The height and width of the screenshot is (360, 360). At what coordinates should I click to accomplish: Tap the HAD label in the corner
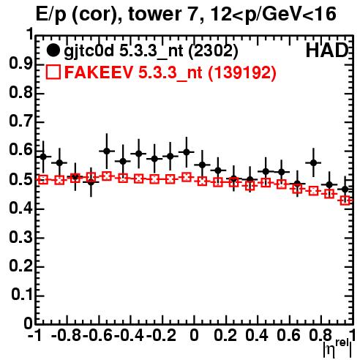pos(327,50)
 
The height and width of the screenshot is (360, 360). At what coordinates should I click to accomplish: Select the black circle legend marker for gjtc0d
pos(53,50)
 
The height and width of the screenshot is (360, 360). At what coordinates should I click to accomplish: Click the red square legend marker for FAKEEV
pos(53,72)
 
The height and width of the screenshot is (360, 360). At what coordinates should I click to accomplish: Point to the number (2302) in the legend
pos(213,51)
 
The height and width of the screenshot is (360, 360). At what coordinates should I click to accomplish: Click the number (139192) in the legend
pos(241,72)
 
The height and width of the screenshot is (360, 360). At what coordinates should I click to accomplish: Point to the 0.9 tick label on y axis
pos(20,64)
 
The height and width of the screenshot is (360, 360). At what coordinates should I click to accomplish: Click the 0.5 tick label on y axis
pos(20,180)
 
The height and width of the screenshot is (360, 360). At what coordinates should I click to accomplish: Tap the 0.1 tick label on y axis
pos(21,295)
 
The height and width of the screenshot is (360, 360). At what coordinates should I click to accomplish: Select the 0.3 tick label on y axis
pos(20,237)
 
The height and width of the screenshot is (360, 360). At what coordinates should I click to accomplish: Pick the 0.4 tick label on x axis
pos(257,335)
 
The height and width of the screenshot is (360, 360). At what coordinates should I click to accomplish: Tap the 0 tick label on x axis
pos(194,335)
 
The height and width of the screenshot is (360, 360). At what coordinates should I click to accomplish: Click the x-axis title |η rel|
pos(337,348)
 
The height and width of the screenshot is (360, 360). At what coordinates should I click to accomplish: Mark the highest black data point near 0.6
pos(107,151)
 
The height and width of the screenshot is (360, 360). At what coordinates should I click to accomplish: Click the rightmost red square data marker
pos(345,201)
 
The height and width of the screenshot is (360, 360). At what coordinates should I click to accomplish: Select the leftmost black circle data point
pos(43,157)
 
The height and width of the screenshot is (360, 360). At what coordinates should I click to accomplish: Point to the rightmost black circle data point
pos(345,189)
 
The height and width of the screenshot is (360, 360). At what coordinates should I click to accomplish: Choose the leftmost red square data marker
pos(43,180)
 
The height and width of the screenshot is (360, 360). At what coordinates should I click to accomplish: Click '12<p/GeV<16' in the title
pos(273,15)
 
